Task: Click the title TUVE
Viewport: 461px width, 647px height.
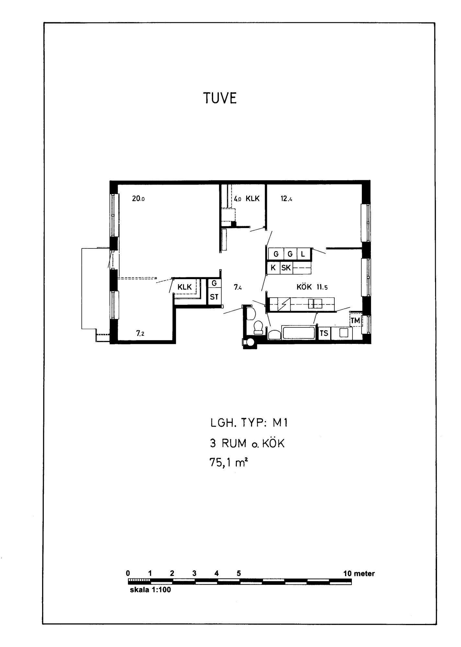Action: point(220,98)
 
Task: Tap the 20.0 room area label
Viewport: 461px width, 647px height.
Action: point(138,199)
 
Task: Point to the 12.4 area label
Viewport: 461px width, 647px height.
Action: point(286,199)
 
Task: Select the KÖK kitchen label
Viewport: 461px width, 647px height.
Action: point(304,287)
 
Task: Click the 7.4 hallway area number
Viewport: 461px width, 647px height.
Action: point(238,287)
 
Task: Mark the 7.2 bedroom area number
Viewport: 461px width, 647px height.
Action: point(140,333)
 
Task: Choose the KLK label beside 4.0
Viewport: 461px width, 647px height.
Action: point(253,199)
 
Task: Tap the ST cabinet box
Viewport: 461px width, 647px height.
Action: point(214,297)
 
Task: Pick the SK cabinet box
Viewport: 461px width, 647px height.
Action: point(286,268)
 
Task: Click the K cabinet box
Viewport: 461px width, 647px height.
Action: point(273,268)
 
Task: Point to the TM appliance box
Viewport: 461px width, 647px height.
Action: point(355,320)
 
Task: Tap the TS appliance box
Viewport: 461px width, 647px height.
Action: point(324,333)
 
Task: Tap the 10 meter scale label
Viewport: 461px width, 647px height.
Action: point(359,574)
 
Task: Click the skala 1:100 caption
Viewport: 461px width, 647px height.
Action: point(150,590)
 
